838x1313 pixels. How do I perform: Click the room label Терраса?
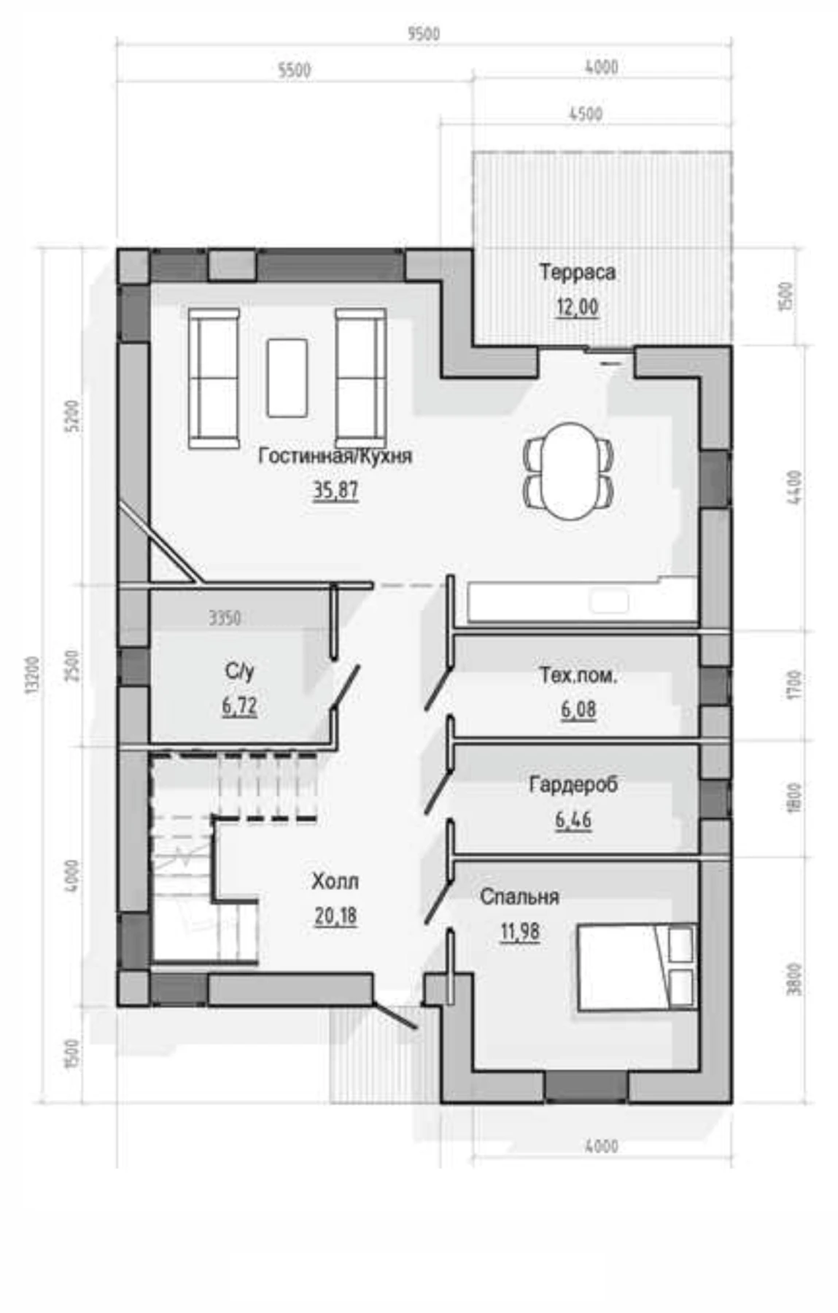tap(577, 272)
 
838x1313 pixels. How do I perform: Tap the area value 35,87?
tap(335, 489)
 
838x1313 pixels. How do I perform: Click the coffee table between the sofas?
tap(287, 377)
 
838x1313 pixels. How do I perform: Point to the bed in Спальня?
tap(637, 967)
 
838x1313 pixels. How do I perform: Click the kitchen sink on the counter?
tap(609, 603)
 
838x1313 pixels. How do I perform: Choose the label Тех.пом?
tap(578, 675)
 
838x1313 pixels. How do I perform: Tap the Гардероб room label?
tap(573, 785)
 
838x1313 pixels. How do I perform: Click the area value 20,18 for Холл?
tap(335, 915)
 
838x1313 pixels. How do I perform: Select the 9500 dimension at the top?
tap(424, 34)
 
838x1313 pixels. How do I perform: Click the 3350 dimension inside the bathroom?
tap(225, 619)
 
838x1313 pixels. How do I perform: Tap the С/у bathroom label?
tap(239, 671)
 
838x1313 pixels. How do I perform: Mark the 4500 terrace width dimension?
tap(585, 114)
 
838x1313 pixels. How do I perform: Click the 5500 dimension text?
tap(295, 70)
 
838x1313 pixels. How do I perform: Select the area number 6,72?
tap(239, 706)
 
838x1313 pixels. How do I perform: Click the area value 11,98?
tap(519, 932)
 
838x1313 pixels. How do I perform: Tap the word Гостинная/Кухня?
tap(335, 456)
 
